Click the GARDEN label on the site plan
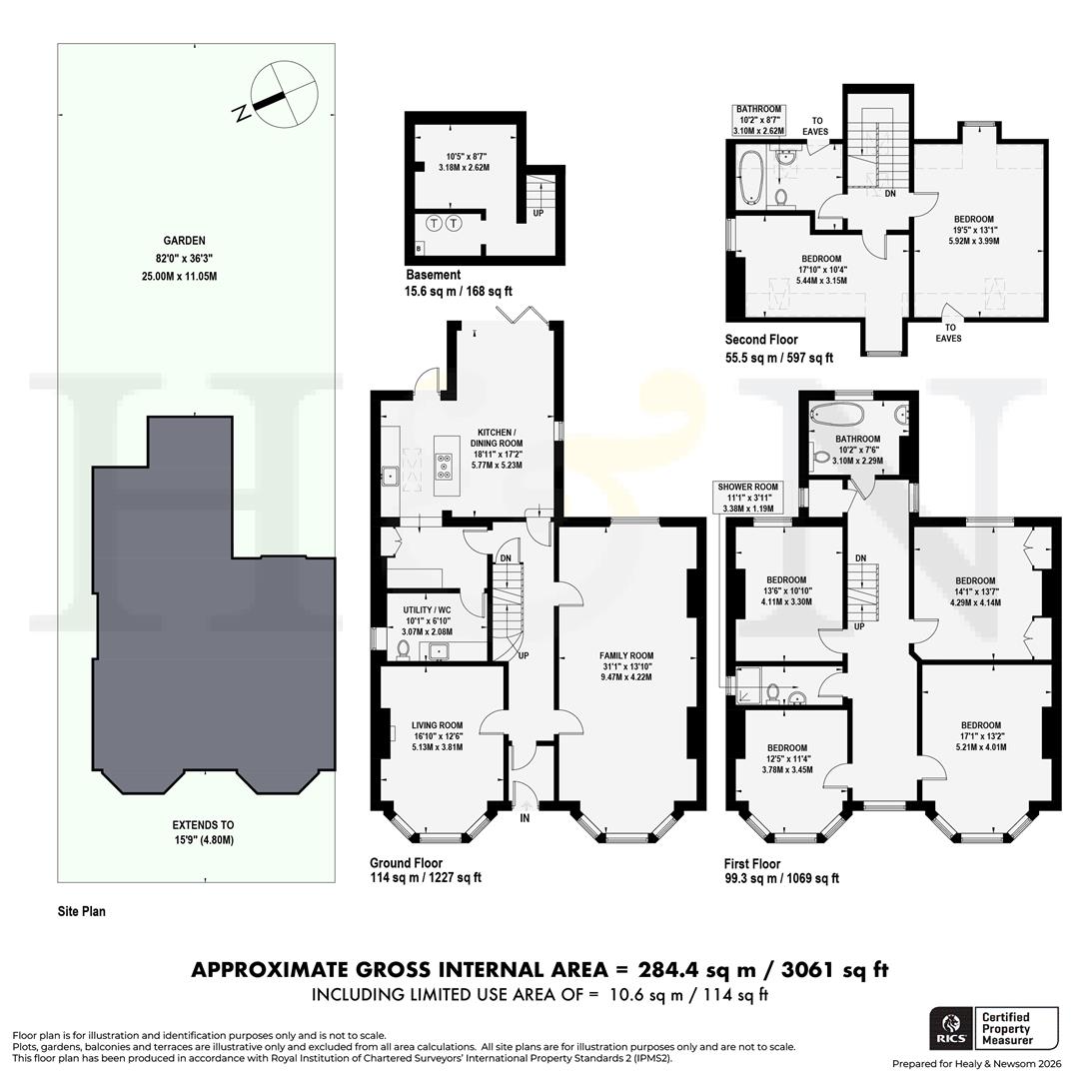186,240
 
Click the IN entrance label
525,818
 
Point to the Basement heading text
433,275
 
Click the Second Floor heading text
761,340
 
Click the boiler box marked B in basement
418,247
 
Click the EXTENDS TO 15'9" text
202,832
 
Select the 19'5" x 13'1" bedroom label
972,226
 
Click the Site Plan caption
79,911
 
